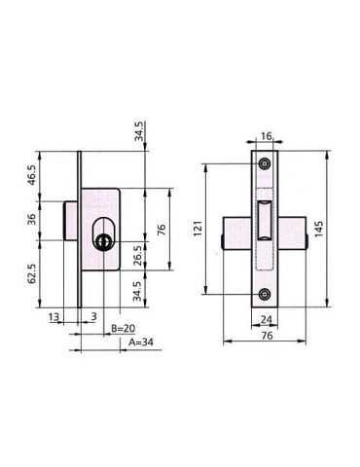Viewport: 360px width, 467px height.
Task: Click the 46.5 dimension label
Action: pos(32,174)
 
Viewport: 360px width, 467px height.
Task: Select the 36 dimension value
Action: pos(32,220)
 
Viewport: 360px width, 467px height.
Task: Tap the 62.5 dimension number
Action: pos(32,273)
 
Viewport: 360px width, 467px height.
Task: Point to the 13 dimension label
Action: pos(54,316)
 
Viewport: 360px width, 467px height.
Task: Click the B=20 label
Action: pos(123,328)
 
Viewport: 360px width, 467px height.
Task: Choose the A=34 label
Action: pos(141,342)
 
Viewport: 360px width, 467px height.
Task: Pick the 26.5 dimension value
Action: pos(138,255)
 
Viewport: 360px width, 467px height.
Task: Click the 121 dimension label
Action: pos(198,228)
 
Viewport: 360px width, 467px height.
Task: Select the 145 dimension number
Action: pos(319,229)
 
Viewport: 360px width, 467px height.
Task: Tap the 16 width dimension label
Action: pos(266,136)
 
